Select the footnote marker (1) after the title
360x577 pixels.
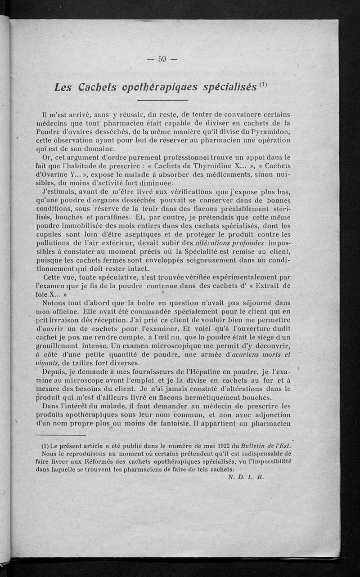coord(263,83)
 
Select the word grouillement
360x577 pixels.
coord(56,347)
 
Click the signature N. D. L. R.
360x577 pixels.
coord(245,479)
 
